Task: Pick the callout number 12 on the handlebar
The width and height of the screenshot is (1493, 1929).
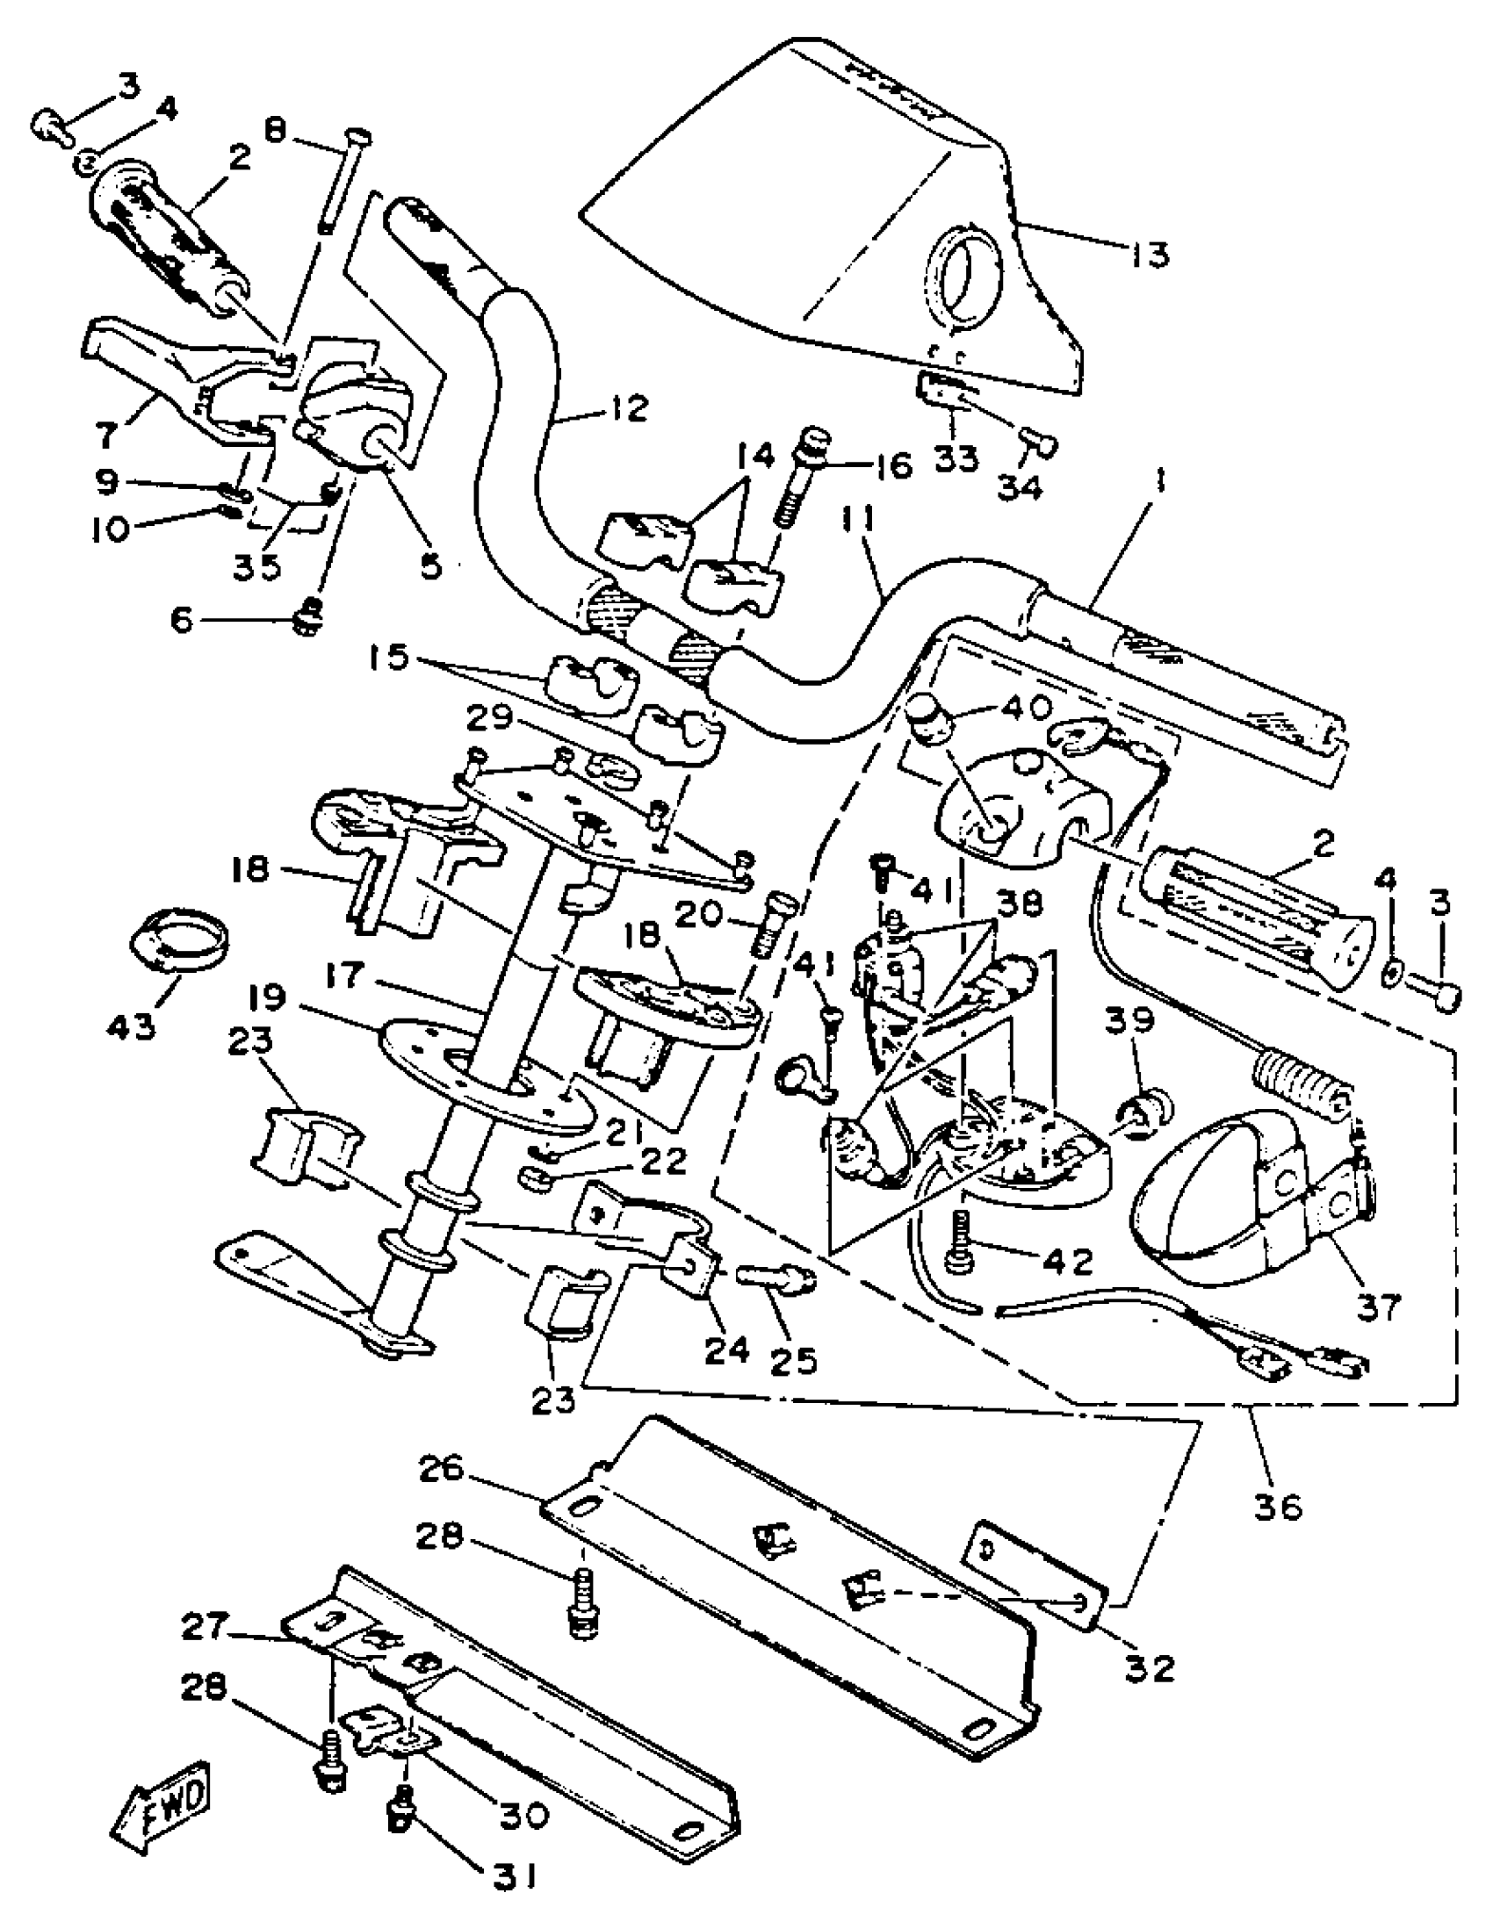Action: tap(628, 408)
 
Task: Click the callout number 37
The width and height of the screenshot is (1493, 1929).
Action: tap(1378, 1306)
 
